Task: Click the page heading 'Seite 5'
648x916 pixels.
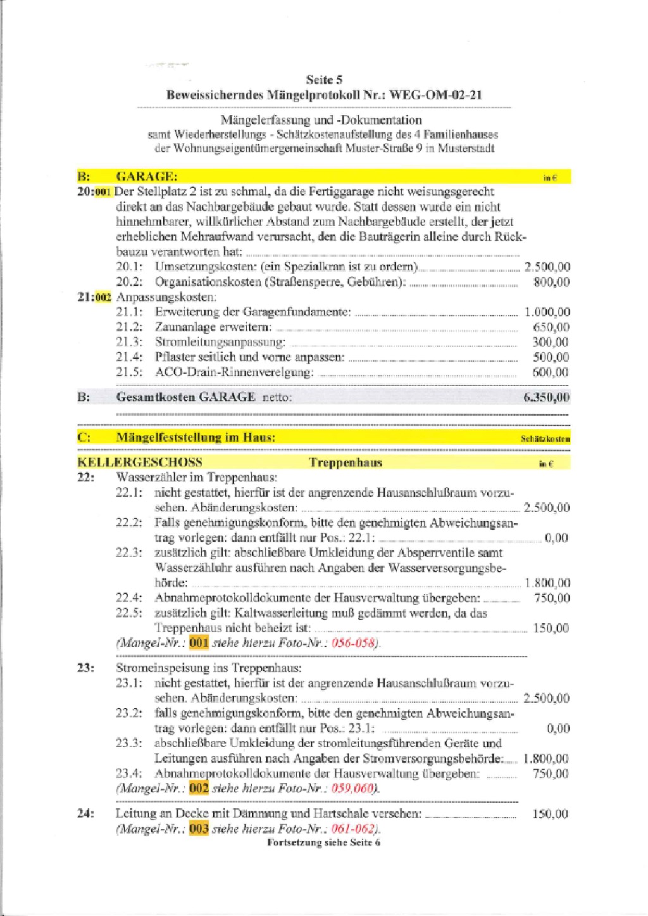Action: point(324,80)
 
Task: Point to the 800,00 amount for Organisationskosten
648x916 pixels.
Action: point(551,283)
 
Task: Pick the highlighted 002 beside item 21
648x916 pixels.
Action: point(104,297)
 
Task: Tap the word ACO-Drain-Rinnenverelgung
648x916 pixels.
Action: point(234,372)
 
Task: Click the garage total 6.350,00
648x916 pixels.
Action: point(547,398)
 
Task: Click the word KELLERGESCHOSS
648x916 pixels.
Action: point(140,462)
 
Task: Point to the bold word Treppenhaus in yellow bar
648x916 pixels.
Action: point(346,462)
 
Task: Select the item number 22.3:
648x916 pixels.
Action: point(129,553)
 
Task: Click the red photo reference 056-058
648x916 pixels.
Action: point(354,644)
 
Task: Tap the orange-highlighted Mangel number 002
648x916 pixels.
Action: point(199,789)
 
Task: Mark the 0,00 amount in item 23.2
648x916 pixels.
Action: point(558,728)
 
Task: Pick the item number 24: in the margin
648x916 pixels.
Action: point(85,814)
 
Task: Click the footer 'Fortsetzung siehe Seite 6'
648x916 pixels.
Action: point(324,843)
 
